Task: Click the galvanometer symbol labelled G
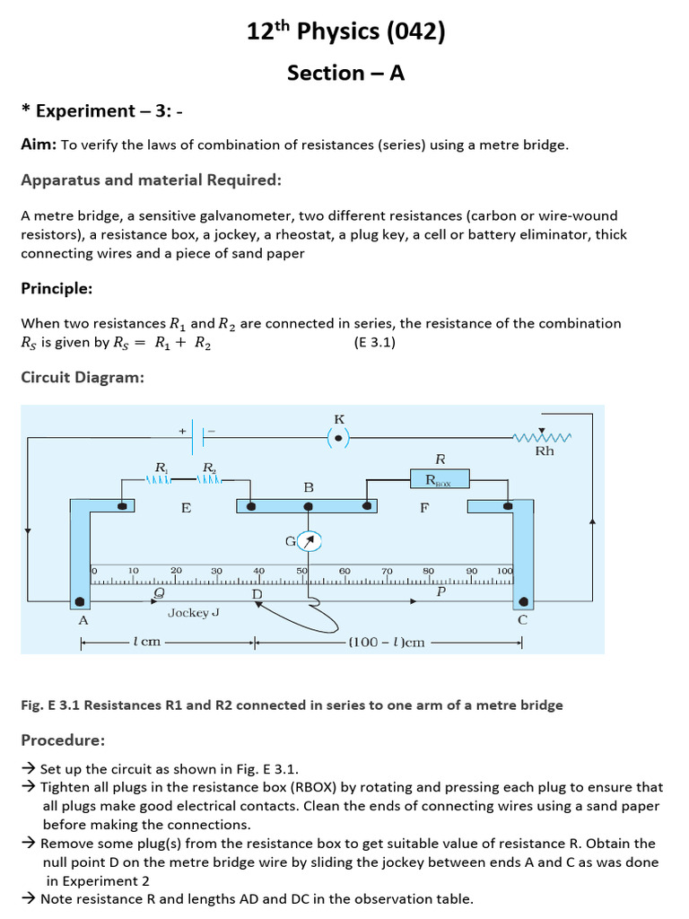pyautogui.click(x=309, y=541)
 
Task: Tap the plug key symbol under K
pyautogui.click(x=338, y=438)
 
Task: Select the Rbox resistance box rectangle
pyautogui.click(x=440, y=479)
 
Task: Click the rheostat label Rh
pyautogui.click(x=545, y=451)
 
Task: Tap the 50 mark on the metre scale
pyautogui.click(x=302, y=571)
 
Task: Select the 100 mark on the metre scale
pyautogui.click(x=504, y=571)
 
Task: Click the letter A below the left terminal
pyautogui.click(x=83, y=620)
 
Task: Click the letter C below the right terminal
pyautogui.click(x=523, y=620)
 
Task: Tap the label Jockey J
pyautogui.click(x=194, y=613)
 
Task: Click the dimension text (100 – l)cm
pyautogui.click(x=387, y=643)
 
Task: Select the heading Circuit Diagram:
pyautogui.click(x=83, y=378)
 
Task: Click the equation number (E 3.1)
pyautogui.click(x=375, y=342)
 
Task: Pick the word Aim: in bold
pyautogui.click(x=39, y=144)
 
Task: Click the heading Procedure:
pyautogui.click(x=63, y=740)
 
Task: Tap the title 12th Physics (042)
pyautogui.click(x=345, y=32)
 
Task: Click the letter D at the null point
pyautogui.click(x=257, y=594)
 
